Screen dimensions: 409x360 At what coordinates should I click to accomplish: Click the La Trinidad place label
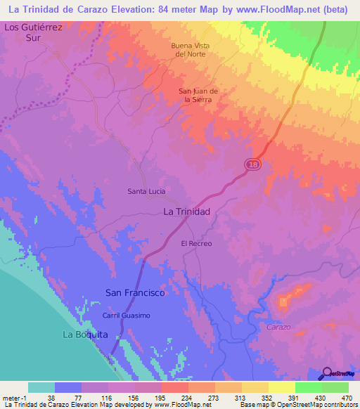click(x=186, y=211)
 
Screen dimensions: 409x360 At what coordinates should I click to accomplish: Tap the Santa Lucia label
click(x=146, y=190)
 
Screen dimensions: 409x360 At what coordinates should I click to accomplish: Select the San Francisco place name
click(x=135, y=292)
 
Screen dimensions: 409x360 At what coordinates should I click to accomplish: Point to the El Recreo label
click(x=196, y=243)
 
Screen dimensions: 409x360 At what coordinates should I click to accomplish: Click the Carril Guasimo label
click(x=127, y=316)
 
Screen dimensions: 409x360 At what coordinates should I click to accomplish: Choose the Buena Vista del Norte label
click(x=191, y=50)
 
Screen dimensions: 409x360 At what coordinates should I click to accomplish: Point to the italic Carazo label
click(x=279, y=327)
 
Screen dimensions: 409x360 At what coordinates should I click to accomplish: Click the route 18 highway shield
click(x=253, y=164)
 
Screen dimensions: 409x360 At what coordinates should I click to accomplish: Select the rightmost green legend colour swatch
click(x=335, y=387)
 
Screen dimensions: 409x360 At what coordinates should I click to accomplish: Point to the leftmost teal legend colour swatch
click(x=41, y=387)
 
